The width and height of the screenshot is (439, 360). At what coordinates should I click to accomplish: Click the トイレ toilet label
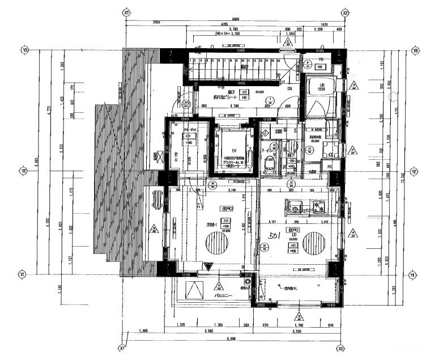point(267,150)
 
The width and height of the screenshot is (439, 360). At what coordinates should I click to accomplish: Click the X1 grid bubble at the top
point(126,11)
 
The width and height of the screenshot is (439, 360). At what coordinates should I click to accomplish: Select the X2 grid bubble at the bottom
point(340,349)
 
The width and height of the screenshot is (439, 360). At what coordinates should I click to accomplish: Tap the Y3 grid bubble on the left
point(24,50)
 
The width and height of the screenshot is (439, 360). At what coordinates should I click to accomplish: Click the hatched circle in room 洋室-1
point(216,246)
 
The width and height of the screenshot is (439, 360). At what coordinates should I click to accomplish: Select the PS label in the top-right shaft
point(321,58)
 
